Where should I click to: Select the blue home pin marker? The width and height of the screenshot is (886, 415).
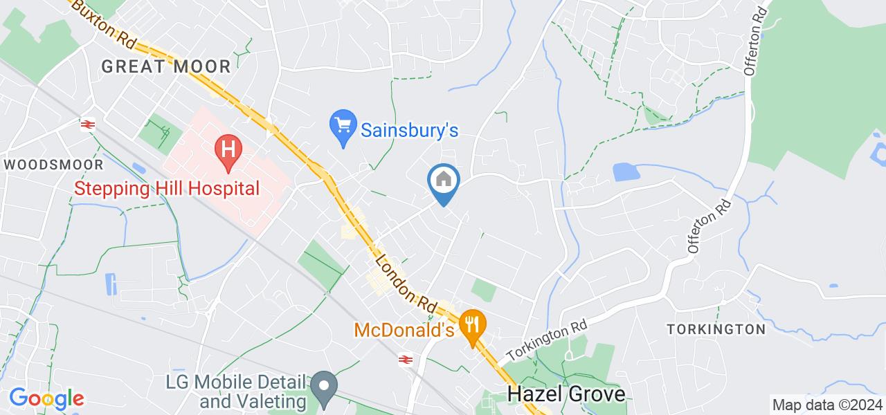pos(443,181)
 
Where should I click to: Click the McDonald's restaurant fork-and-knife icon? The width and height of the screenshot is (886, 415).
pos(473,324)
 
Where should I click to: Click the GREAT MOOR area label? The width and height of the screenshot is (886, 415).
pos(166,66)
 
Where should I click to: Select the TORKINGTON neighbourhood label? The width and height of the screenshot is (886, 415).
pos(716,329)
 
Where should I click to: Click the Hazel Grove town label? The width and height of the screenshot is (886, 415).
pos(566,394)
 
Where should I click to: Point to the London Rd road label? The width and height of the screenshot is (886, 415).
pos(406,282)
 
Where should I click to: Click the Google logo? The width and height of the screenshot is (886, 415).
pos(46,398)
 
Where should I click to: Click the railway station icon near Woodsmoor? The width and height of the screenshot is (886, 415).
pos(87,124)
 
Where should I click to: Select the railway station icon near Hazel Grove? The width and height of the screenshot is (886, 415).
pos(406,359)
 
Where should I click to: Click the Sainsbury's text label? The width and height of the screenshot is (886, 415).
pos(410,129)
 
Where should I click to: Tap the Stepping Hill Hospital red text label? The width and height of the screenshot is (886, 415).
pos(167,188)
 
